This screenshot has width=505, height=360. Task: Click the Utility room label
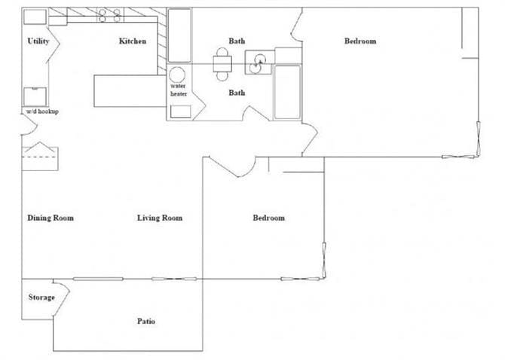pos(38,41)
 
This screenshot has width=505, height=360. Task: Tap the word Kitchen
pos(133,41)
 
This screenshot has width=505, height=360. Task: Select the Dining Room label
pos(50,218)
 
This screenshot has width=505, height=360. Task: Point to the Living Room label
pos(160,218)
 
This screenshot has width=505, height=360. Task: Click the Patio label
pos(146,322)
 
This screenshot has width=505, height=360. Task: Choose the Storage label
pos(41,297)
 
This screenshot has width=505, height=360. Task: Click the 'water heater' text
pos(179,90)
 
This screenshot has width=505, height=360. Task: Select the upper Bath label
pos(237,41)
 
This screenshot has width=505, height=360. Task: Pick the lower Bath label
pos(237,93)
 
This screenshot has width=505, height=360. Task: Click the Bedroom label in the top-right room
pos(360,41)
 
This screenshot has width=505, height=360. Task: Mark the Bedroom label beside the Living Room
pos(268,218)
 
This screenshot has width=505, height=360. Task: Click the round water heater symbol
pos(179,75)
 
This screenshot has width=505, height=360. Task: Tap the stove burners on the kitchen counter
pos(110,15)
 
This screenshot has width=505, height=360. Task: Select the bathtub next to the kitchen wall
pos(179,35)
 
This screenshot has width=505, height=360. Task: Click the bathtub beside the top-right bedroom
pos(286,92)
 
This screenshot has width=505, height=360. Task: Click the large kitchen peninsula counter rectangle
pos(124,90)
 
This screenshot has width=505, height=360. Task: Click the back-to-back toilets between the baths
pos(222,64)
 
